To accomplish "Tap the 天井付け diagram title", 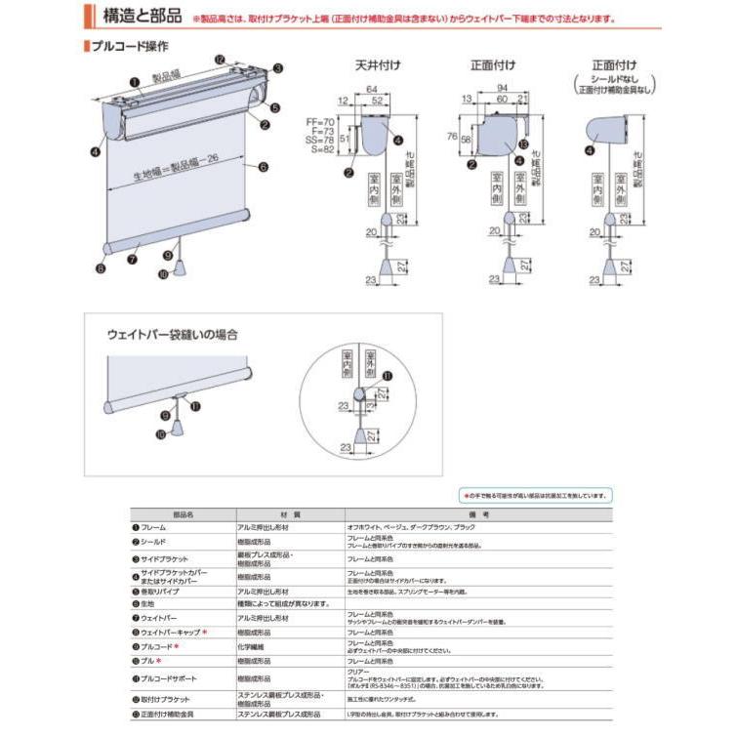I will pos(376,65).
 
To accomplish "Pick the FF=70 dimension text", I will pos(320,120).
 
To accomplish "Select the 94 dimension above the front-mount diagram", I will pos(502,88).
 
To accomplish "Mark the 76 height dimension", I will pos(452,137).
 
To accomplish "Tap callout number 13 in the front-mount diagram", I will pos(525,145).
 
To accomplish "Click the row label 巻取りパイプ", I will pos(163,592).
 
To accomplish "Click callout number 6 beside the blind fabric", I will pos(264,167).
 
